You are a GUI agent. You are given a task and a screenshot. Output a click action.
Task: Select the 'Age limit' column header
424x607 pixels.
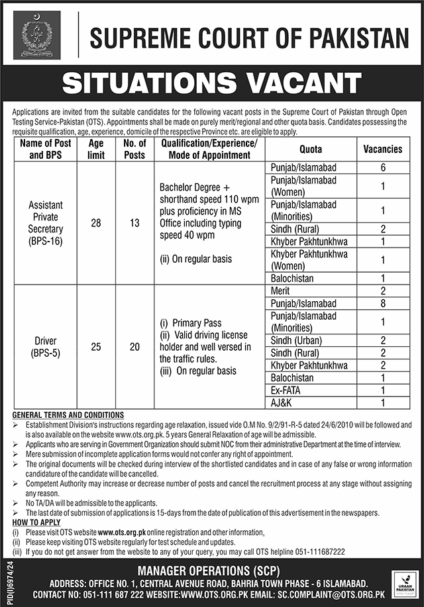point(96,149)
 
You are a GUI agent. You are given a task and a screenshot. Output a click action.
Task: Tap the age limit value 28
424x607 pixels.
point(96,223)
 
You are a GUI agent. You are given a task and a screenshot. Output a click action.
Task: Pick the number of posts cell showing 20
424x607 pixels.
point(135,347)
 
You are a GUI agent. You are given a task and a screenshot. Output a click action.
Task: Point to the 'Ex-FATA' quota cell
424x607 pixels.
point(287,390)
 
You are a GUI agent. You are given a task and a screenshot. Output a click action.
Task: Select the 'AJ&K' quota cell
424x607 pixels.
point(282,402)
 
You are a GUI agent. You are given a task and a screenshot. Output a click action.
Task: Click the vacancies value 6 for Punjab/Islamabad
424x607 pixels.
point(383,167)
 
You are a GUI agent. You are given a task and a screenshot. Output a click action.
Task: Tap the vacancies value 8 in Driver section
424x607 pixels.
point(383,303)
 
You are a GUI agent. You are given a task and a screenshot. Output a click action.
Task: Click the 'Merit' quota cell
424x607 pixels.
point(282,291)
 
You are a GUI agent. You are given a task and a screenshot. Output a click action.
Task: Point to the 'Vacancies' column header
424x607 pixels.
point(383,149)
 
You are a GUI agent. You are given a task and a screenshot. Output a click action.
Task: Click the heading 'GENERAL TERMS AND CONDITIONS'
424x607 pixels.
point(68,414)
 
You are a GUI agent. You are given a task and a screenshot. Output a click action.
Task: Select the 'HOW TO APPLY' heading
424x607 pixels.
point(36,522)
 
